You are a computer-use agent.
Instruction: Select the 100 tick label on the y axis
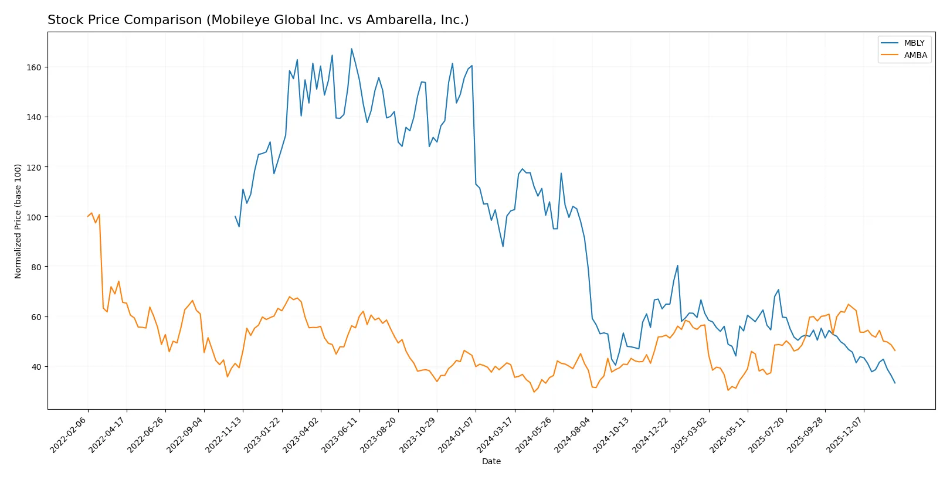pyautogui.click(x=34, y=217)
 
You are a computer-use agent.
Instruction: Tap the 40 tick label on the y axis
pyautogui.click(x=36, y=367)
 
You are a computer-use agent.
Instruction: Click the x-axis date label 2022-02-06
pyautogui.click(x=69, y=434)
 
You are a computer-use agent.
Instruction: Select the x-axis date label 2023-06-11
pyautogui.click(x=341, y=434)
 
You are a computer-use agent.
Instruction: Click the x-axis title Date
pyautogui.click(x=491, y=461)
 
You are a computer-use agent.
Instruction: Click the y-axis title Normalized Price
pyautogui.click(x=18, y=221)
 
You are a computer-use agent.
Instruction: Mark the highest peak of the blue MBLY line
pyautogui.click(x=351, y=49)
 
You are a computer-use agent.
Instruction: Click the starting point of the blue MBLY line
pyautogui.click(x=235, y=216)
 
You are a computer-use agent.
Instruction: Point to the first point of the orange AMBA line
pyautogui.click(x=88, y=216)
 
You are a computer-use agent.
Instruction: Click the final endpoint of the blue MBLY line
pyautogui.click(x=895, y=383)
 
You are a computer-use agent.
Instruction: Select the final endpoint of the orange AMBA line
pyautogui.click(x=895, y=350)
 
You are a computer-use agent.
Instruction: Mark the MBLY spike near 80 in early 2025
pyautogui.click(x=677, y=265)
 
